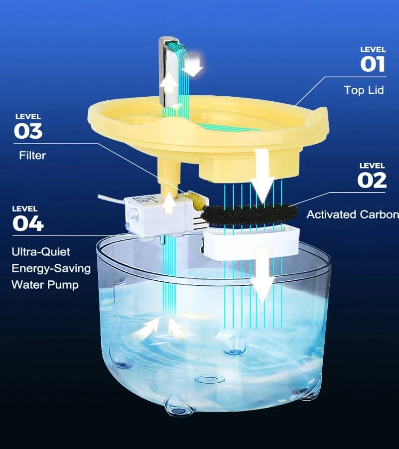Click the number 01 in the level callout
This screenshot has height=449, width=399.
[373, 64]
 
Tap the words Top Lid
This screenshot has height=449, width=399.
[364, 90]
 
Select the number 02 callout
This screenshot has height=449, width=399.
[372, 181]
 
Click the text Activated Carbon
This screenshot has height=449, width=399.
[352, 215]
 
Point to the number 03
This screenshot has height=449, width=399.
[28, 131]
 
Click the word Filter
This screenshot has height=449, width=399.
[32, 156]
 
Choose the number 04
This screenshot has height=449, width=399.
[28, 224]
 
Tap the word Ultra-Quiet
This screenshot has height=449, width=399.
[41, 252]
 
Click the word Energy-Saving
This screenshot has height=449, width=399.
[51, 268]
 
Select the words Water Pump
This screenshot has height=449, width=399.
[45, 285]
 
